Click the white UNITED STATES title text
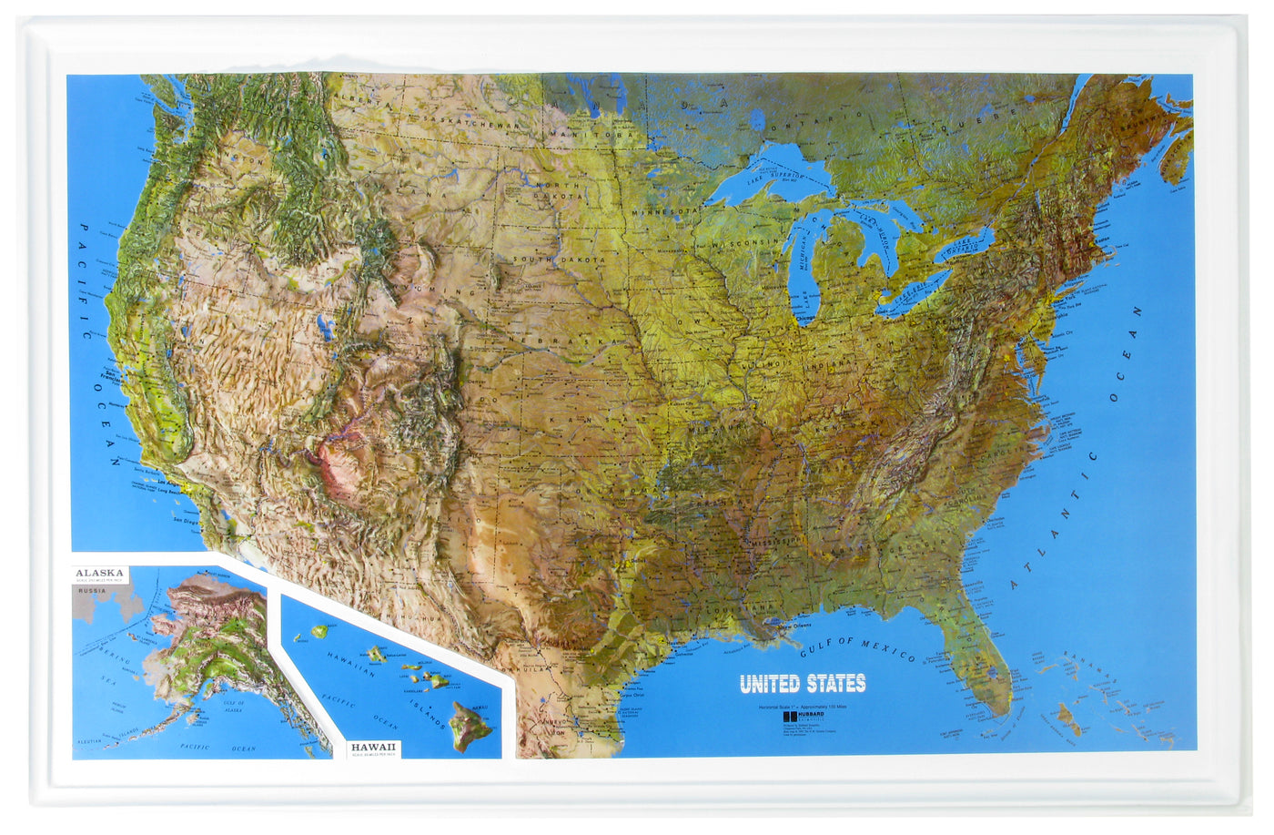pyautogui.click(x=802, y=684)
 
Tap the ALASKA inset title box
pyautogui.click(x=100, y=574)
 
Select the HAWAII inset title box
pyautogui.click(x=373, y=749)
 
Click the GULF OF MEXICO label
pyautogui.click(x=857, y=648)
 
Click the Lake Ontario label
pyautogui.click(x=965, y=244)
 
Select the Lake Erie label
pyautogui.click(x=910, y=293)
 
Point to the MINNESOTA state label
pyautogui.click(x=670, y=210)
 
